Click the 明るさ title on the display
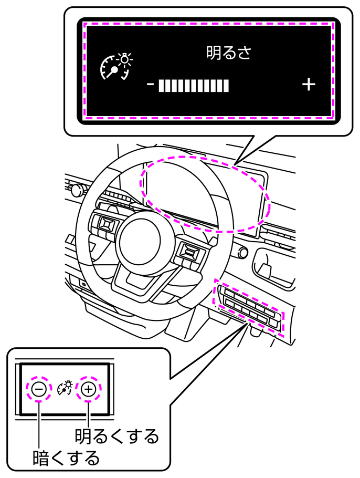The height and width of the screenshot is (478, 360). (x=229, y=53)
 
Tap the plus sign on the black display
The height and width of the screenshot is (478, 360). (x=309, y=85)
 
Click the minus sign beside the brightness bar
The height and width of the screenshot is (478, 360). (x=151, y=84)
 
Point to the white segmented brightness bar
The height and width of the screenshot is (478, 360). (x=194, y=85)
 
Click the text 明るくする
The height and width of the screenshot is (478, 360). (x=117, y=436)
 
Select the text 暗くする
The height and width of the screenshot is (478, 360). (x=66, y=458)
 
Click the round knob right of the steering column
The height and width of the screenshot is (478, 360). (x=243, y=252)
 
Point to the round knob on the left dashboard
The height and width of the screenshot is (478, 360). (x=76, y=190)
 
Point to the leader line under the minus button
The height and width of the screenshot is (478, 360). (x=39, y=425)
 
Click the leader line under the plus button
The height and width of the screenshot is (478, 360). (x=88, y=414)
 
